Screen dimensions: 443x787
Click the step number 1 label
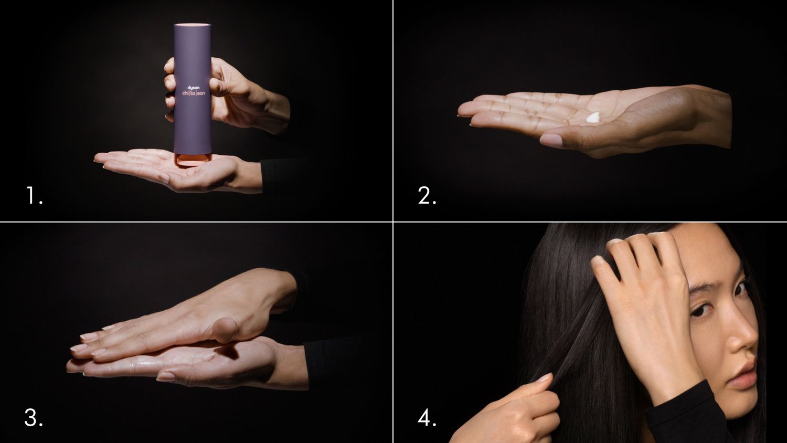tap(33, 196)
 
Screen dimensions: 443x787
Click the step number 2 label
tap(427, 196)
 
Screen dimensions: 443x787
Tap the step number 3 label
tap(33, 418)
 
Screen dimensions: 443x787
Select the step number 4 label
tap(427, 418)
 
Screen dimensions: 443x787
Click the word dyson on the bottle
tap(193, 87)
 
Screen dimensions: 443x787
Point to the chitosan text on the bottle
tap(193, 93)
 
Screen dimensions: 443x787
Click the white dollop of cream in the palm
tap(593, 118)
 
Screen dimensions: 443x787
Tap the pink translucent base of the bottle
tap(192, 159)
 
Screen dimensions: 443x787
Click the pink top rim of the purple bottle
tap(193, 25)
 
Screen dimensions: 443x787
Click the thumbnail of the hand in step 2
tap(550, 140)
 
